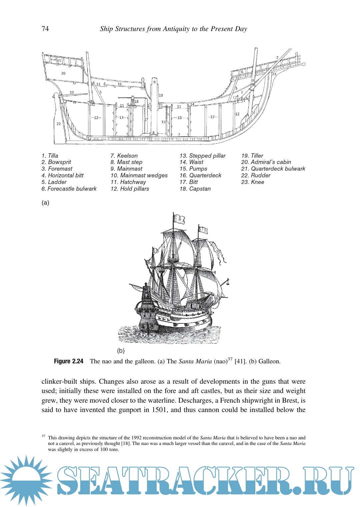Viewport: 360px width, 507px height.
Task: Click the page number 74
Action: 45,29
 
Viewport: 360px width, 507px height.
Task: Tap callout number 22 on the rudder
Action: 59,124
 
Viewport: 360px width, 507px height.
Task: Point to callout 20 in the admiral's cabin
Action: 63,73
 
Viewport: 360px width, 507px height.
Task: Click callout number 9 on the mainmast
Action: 154,82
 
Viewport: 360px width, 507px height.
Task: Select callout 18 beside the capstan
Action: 137,102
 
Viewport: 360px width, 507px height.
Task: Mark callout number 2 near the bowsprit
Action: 277,58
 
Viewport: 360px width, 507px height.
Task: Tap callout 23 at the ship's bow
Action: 274,74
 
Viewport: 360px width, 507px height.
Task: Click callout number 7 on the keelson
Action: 179,135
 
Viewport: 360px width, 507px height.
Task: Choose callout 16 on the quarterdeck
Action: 119,84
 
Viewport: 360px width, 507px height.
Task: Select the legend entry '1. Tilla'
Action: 50,156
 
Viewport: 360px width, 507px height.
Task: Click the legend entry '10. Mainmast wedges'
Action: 139,175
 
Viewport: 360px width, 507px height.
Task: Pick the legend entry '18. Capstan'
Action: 195,189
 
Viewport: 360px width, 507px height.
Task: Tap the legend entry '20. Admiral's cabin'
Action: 266,162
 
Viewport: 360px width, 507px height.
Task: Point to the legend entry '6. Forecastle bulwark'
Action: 69,189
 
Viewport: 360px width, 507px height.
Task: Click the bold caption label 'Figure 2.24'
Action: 69,361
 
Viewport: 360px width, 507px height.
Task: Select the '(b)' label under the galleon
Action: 121,351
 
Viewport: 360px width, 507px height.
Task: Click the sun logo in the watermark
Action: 26,480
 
